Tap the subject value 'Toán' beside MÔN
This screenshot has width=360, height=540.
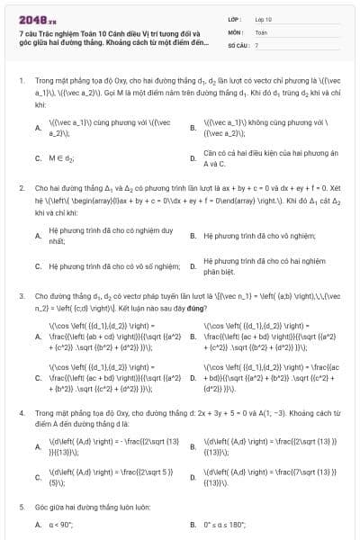(261, 31)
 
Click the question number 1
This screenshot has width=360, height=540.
(21, 80)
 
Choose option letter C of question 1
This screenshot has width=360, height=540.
(38, 158)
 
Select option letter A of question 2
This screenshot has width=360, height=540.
(38, 236)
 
